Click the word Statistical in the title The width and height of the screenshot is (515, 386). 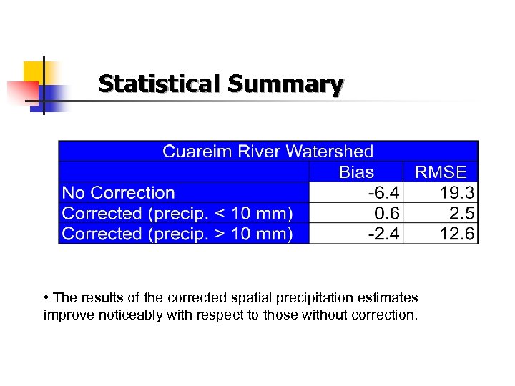(160, 84)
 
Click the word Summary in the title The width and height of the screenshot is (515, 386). (285, 84)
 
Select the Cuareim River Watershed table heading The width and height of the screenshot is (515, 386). (268, 151)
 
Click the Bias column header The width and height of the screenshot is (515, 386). (355, 172)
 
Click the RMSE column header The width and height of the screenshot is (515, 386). (441, 172)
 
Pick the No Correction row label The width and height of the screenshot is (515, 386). (119, 192)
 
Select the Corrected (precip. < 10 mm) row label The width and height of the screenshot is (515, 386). (177, 213)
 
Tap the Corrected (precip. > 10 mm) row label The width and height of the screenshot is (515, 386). (177, 234)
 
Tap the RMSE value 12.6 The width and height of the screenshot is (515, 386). (458, 234)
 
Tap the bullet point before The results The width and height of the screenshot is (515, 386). (46, 297)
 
